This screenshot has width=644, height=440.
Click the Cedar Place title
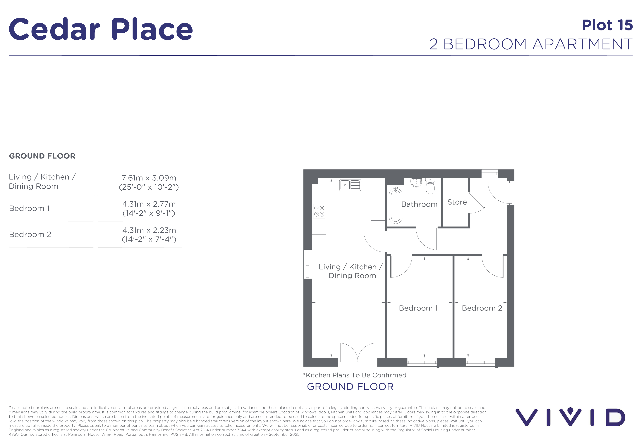101,29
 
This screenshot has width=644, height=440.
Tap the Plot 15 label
607,25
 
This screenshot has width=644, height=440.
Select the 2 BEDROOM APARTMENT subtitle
531,44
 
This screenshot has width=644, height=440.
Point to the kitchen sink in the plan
350,185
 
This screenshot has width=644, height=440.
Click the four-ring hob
319,211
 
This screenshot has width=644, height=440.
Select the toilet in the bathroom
430,186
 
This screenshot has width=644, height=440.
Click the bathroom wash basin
416,182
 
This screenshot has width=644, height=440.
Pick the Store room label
457,202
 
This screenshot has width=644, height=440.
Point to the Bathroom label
419,204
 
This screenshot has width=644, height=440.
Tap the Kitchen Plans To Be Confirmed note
355,375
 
